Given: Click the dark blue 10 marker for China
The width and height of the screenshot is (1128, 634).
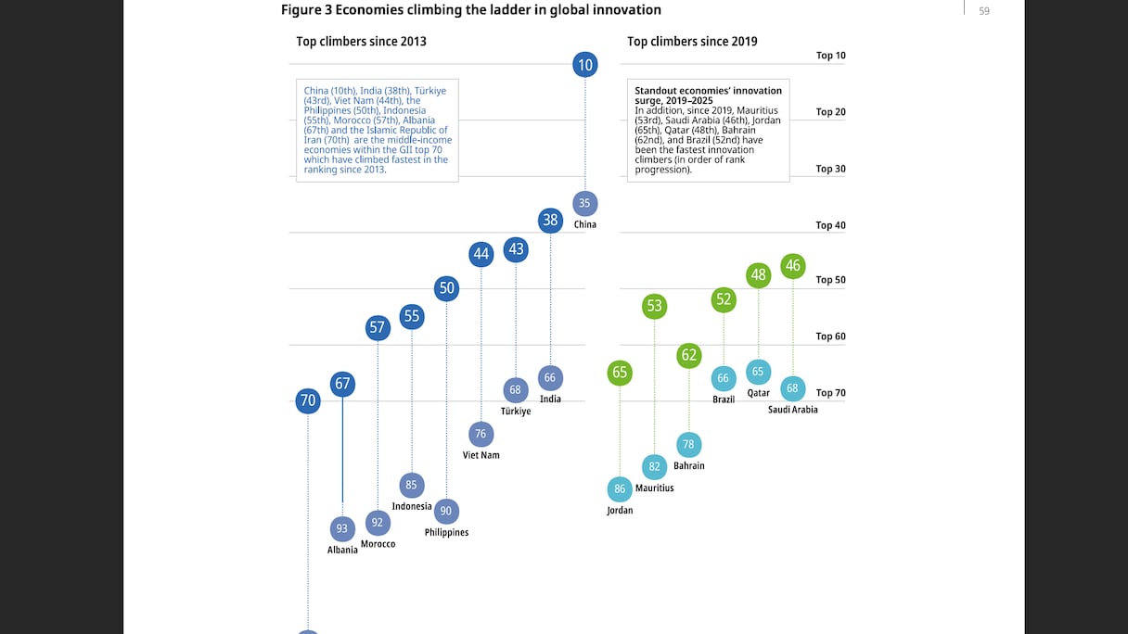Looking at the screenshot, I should coord(584,65).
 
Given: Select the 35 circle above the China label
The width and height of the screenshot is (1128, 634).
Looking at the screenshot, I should coord(584,203).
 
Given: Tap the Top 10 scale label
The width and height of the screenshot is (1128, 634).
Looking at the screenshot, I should coord(830,56).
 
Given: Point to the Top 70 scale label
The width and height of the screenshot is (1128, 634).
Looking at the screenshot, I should coord(830,393).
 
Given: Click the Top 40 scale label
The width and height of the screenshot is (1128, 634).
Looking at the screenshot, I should coord(830,225).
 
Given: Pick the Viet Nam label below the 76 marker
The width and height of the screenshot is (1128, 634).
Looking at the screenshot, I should coord(481,455).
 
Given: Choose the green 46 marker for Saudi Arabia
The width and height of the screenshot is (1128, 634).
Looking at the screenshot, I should coord(792,266).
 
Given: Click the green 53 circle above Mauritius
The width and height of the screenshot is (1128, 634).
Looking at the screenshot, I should coord(654,306).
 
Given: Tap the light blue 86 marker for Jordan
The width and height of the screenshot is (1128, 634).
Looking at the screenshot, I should coord(620,488).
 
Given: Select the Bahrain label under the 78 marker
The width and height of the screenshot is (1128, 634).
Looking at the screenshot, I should coord(688,466).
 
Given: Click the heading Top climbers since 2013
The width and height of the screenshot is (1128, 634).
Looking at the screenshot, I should coord(361,42).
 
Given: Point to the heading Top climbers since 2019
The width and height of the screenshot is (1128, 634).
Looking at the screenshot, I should coord(692,42).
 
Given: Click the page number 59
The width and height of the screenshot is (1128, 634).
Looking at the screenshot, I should coord(984,11).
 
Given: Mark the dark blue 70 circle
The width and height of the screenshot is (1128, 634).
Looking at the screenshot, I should coord(308,401).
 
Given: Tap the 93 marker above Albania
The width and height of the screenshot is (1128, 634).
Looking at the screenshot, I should coord(342,528).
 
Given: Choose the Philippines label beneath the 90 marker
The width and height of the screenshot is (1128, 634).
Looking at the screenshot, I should coord(446,533).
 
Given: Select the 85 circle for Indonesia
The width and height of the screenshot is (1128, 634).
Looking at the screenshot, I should coord(411,485).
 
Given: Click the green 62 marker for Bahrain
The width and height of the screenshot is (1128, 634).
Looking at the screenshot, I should coord(688,355).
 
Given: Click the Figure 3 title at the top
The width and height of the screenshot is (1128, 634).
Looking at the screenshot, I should coord(471,10).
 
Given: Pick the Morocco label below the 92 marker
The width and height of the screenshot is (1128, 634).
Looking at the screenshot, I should coord(378,544).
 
